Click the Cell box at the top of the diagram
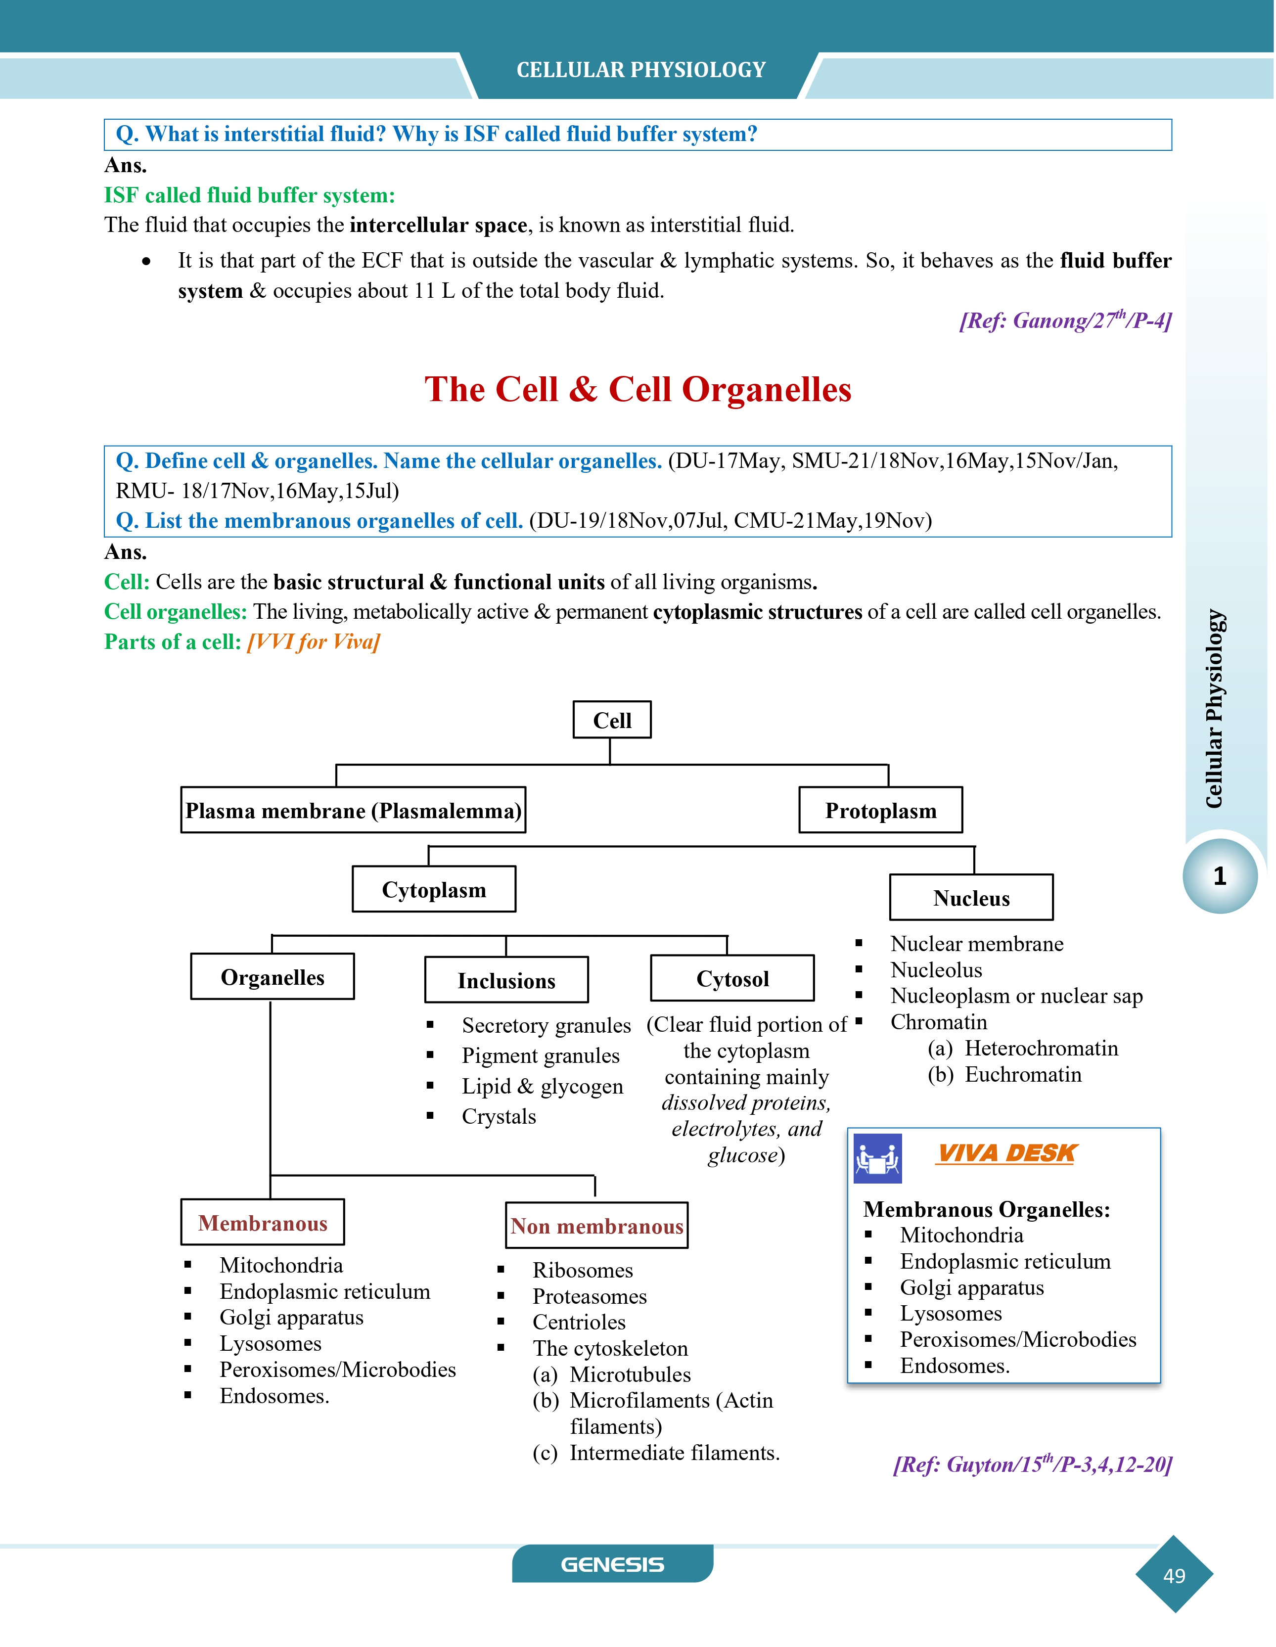click(612, 720)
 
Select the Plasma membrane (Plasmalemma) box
click(353, 810)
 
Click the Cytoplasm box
click(434, 889)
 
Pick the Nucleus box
click(971, 897)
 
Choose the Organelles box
click(272, 977)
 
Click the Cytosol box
click(732, 978)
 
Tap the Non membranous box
click(596, 1226)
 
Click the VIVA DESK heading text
click(1007, 1153)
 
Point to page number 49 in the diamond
click(1174, 1575)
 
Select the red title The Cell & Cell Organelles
click(638, 389)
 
